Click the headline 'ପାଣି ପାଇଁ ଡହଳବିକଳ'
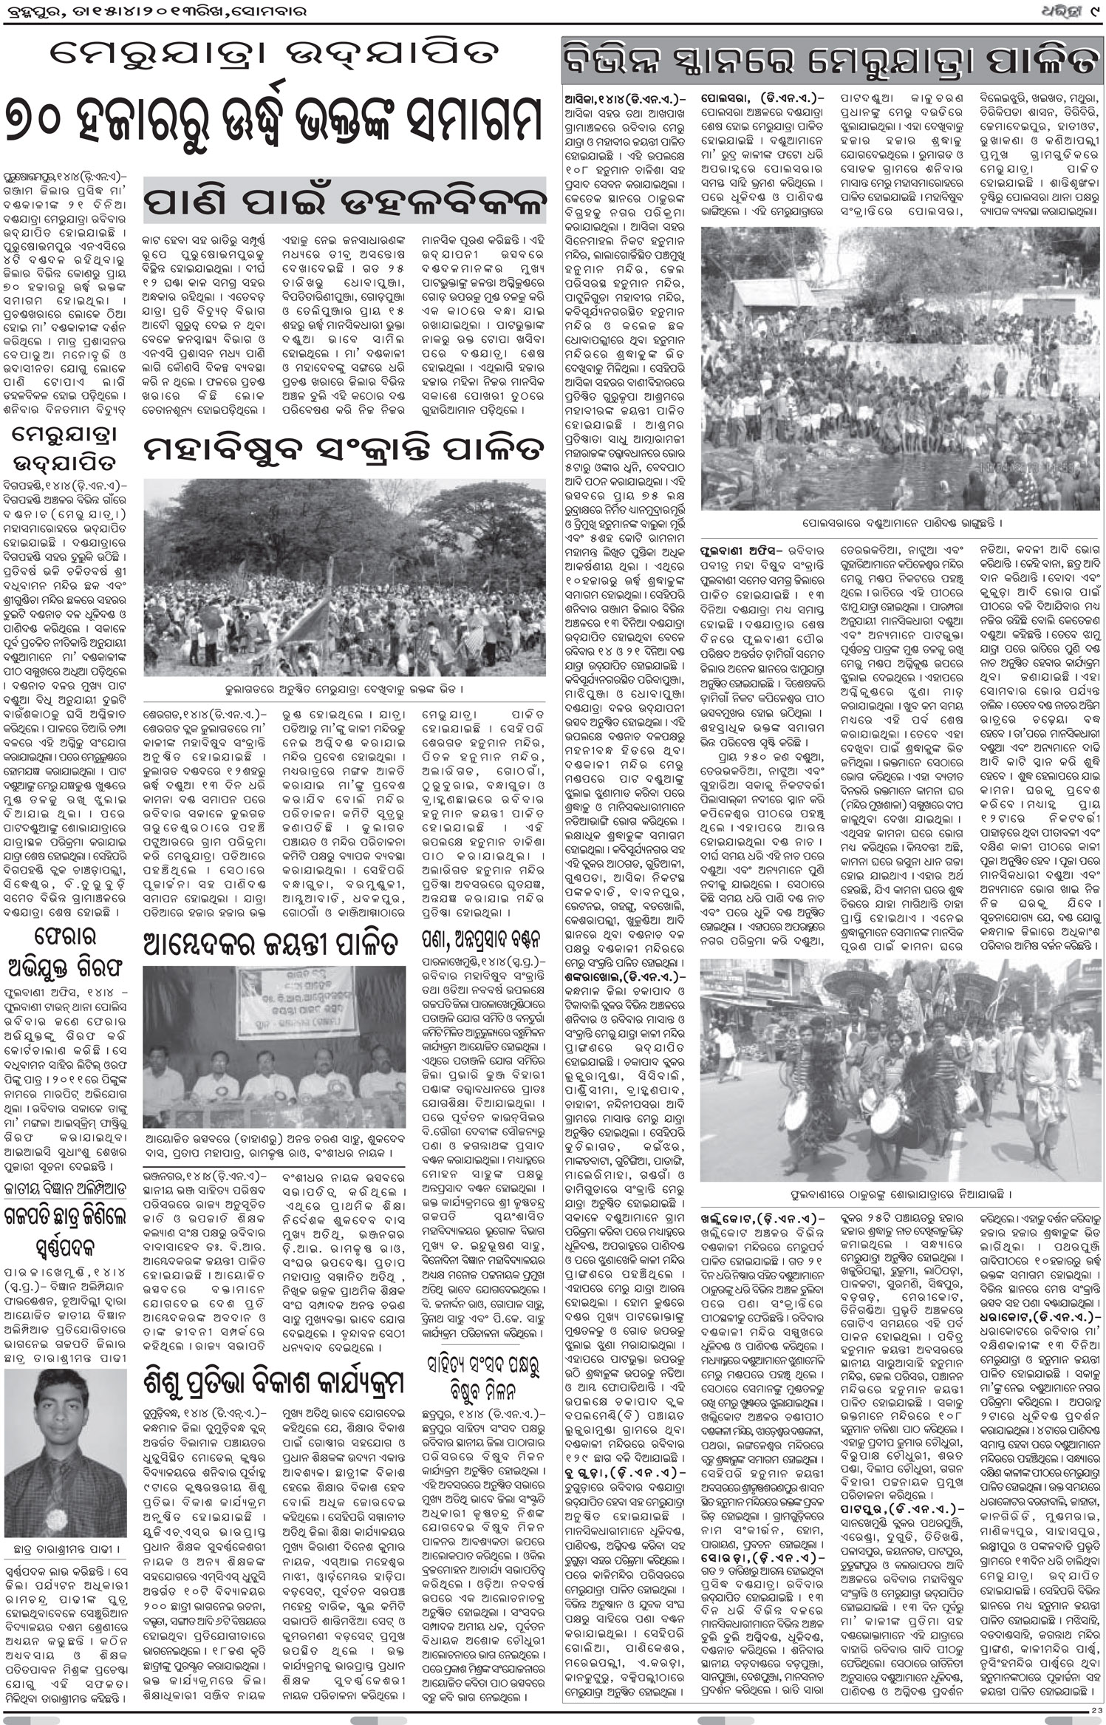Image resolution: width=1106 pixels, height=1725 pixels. (x=344, y=201)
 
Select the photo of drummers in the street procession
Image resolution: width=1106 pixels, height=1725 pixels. (x=900, y=1069)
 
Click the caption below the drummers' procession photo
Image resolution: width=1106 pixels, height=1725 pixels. (x=900, y=1193)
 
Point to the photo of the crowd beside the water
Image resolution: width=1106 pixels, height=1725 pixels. (x=900, y=368)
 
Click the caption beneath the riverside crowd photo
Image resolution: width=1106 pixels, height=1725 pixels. (x=900, y=523)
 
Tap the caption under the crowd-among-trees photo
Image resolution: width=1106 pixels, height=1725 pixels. (x=344, y=689)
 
